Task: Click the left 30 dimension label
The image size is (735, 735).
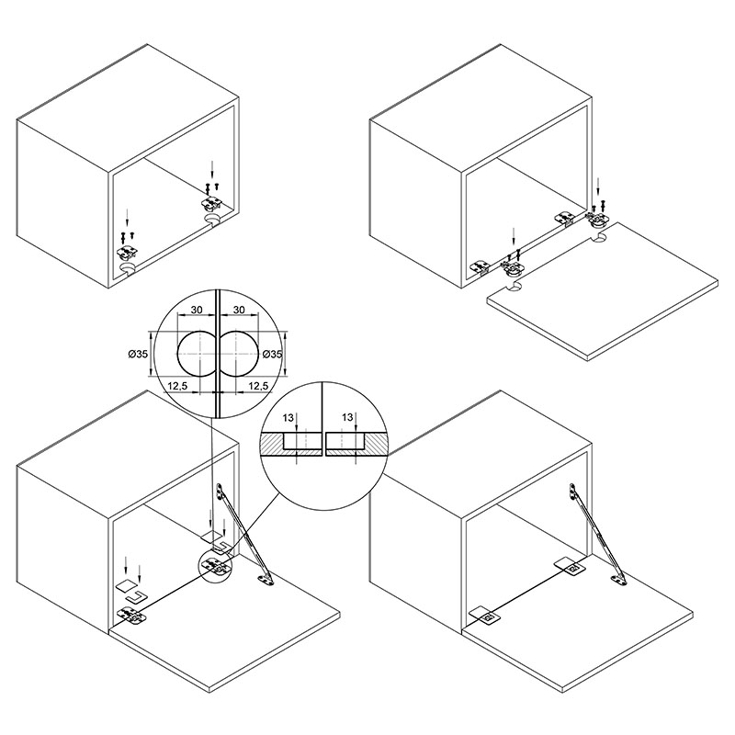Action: point(197,310)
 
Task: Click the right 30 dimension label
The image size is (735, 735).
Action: point(239,310)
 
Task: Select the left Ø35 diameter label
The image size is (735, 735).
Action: point(138,354)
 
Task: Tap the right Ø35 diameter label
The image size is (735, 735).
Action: point(272,354)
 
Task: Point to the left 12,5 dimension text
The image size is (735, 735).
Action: point(177,386)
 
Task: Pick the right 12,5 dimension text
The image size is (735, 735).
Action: point(258,386)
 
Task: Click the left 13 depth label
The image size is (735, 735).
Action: point(288,418)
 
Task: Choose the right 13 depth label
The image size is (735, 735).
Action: point(347,417)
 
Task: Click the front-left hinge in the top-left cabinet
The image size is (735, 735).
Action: point(127,252)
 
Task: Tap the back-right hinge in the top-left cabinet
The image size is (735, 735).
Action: point(211,202)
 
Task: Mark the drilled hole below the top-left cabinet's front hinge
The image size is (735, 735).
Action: point(127,268)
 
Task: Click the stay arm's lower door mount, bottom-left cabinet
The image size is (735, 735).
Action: point(266,581)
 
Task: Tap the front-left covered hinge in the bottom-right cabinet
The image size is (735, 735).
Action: point(485,615)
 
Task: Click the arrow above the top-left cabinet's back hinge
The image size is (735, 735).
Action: point(213,170)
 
